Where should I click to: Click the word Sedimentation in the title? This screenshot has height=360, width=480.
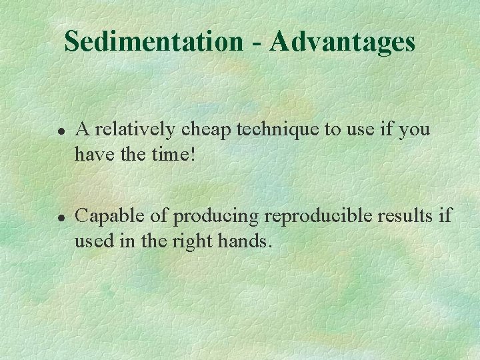154,41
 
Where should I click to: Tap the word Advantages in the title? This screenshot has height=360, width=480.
343,41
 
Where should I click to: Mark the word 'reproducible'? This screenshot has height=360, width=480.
317,216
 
